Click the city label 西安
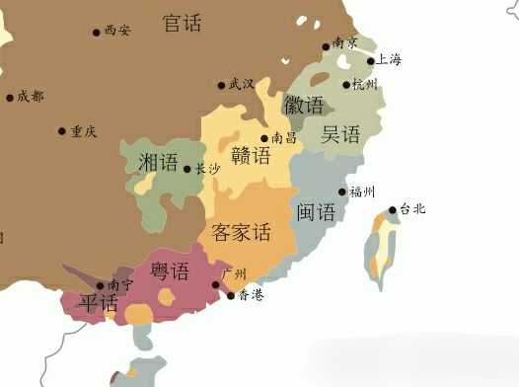point(116,32)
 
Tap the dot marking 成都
point(10,97)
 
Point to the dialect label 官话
point(183,22)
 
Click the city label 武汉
point(242,84)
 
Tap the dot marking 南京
point(326,46)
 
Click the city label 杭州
point(365,84)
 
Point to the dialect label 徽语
point(304,105)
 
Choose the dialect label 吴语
point(341,135)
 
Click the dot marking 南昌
point(264,138)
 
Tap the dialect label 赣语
point(251,156)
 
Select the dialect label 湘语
point(159,162)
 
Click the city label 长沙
point(207,169)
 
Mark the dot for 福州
point(342,192)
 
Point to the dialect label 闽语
point(316,211)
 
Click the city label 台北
point(412,209)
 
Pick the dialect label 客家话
point(241,233)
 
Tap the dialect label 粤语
point(170,270)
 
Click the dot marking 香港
point(231,294)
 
